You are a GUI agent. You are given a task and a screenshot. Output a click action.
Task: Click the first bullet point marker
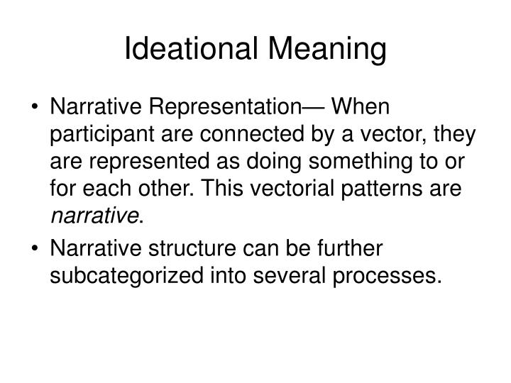35,109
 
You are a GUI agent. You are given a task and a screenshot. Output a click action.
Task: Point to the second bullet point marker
35,249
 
